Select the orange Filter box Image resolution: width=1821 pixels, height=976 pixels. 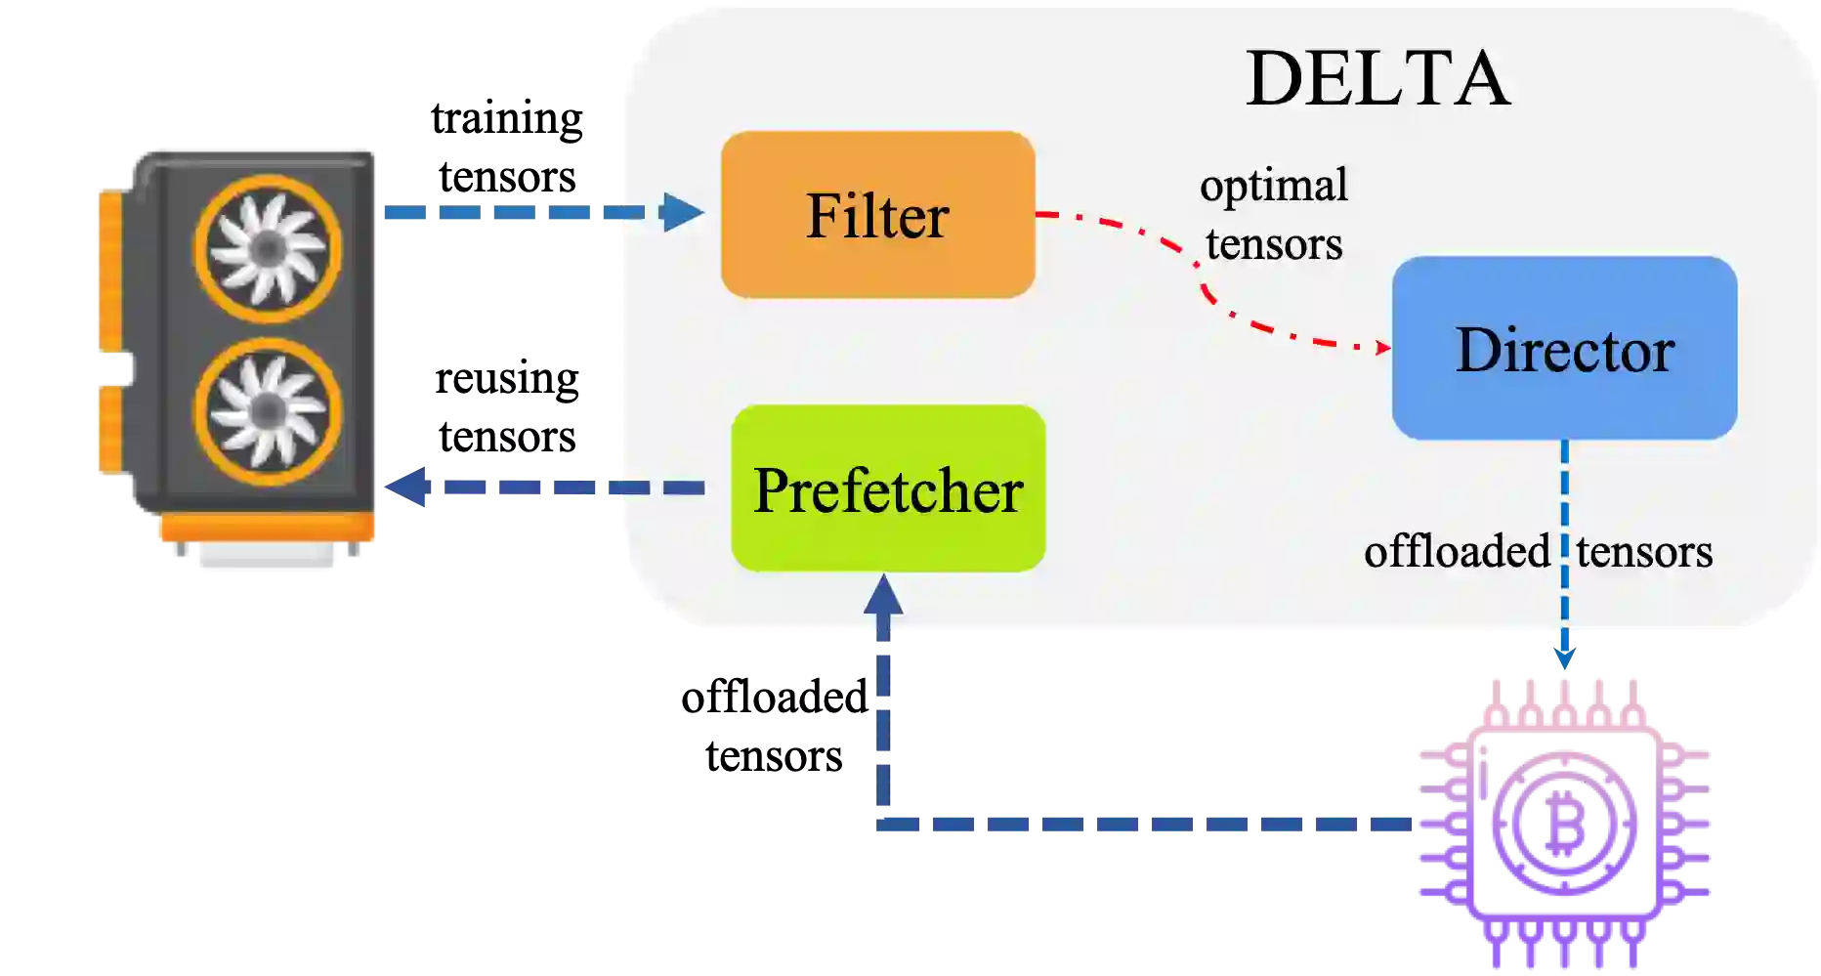(x=877, y=215)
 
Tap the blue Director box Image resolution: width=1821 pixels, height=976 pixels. (x=1564, y=348)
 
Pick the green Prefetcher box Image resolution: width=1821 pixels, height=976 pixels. (x=888, y=488)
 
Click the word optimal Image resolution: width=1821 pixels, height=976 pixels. (x=1273, y=186)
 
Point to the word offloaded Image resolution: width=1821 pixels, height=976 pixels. (x=1456, y=551)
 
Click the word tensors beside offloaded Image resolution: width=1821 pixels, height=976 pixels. (x=1644, y=551)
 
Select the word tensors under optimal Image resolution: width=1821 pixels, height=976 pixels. (x=1273, y=244)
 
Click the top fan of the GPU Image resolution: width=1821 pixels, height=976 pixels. (x=268, y=249)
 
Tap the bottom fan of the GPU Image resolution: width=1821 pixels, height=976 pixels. (x=268, y=411)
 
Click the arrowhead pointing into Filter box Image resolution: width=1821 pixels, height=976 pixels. (x=683, y=212)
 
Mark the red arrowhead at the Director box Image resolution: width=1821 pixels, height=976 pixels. (x=1382, y=347)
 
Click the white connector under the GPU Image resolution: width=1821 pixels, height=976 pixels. (x=268, y=559)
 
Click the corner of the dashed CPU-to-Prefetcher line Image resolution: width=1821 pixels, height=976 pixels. (x=884, y=825)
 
